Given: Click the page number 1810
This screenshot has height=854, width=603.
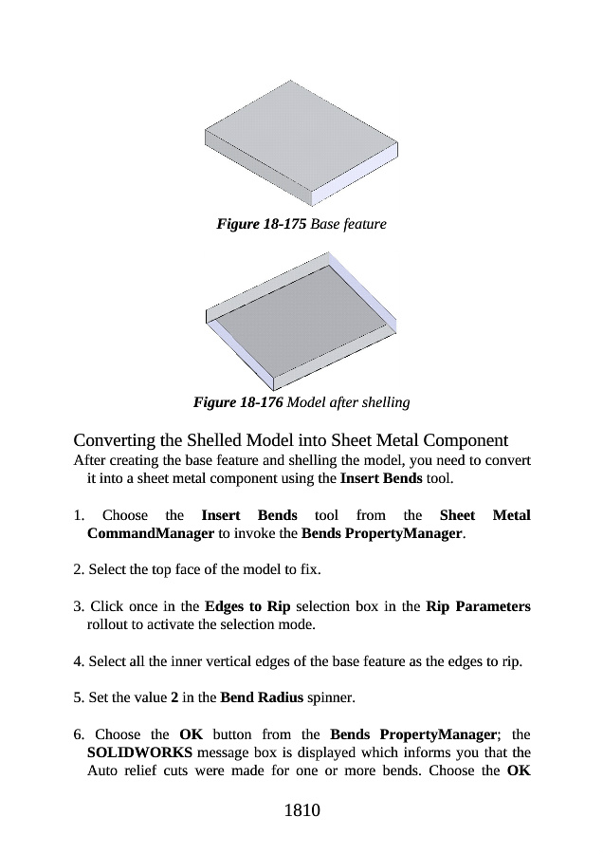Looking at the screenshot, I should (301, 810).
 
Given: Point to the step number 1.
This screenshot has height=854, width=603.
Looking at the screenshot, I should (77, 515).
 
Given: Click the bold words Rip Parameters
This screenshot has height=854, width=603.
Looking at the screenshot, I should (478, 605).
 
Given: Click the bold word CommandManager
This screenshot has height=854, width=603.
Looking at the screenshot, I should (150, 534).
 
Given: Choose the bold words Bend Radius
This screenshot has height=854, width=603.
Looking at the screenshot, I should (261, 698).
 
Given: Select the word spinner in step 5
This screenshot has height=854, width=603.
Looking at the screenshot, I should (331, 698).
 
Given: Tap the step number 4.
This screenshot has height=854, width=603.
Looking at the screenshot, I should (77, 661).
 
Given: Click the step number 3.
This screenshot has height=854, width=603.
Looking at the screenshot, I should (77, 605).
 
